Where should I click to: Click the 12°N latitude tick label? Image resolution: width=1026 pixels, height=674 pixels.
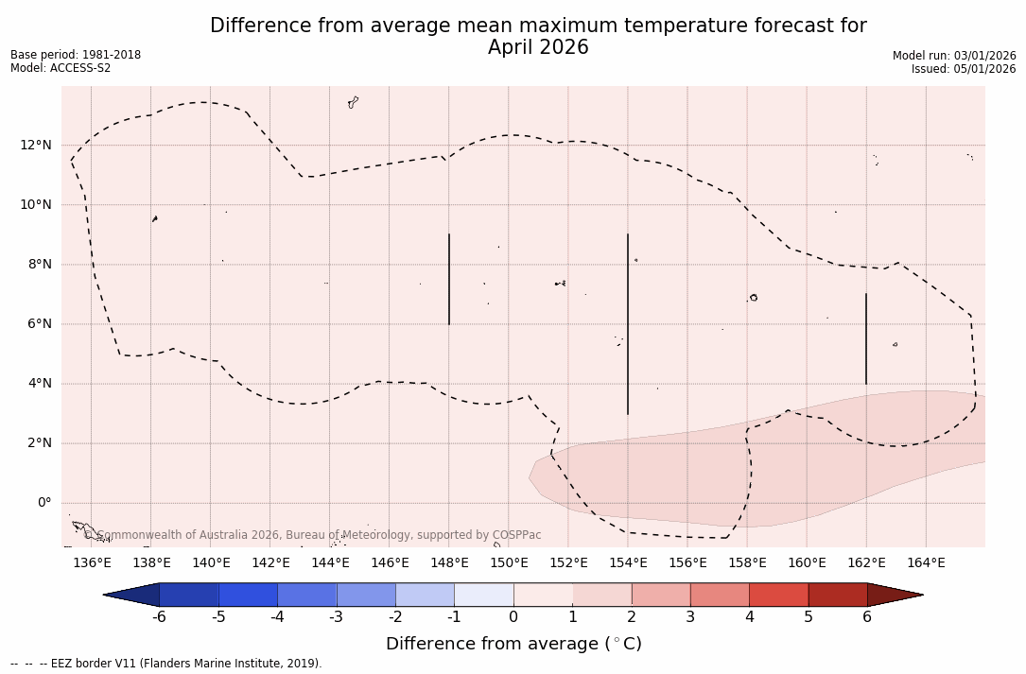click(x=36, y=145)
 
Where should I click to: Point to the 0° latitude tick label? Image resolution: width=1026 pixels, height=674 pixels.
click(x=43, y=503)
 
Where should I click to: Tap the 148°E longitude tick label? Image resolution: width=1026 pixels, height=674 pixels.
click(x=449, y=563)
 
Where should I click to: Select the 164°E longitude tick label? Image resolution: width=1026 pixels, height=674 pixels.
click(x=926, y=563)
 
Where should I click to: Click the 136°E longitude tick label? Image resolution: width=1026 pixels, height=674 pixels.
click(x=92, y=563)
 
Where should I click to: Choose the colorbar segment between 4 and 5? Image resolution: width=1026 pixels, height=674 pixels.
click(x=778, y=595)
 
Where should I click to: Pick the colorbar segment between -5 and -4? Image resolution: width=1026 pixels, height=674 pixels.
click(x=249, y=595)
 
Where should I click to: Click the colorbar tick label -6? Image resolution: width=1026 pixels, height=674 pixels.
click(x=160, y=617)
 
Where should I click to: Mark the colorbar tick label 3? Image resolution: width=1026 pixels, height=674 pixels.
click(x=690, y=617)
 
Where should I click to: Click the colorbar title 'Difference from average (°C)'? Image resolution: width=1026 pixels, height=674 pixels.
click(x=513, y=644)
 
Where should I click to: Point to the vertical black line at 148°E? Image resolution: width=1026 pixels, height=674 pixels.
click(x=449, y=279)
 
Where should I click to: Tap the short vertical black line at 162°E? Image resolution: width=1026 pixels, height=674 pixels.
click(x=866, y=338)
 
